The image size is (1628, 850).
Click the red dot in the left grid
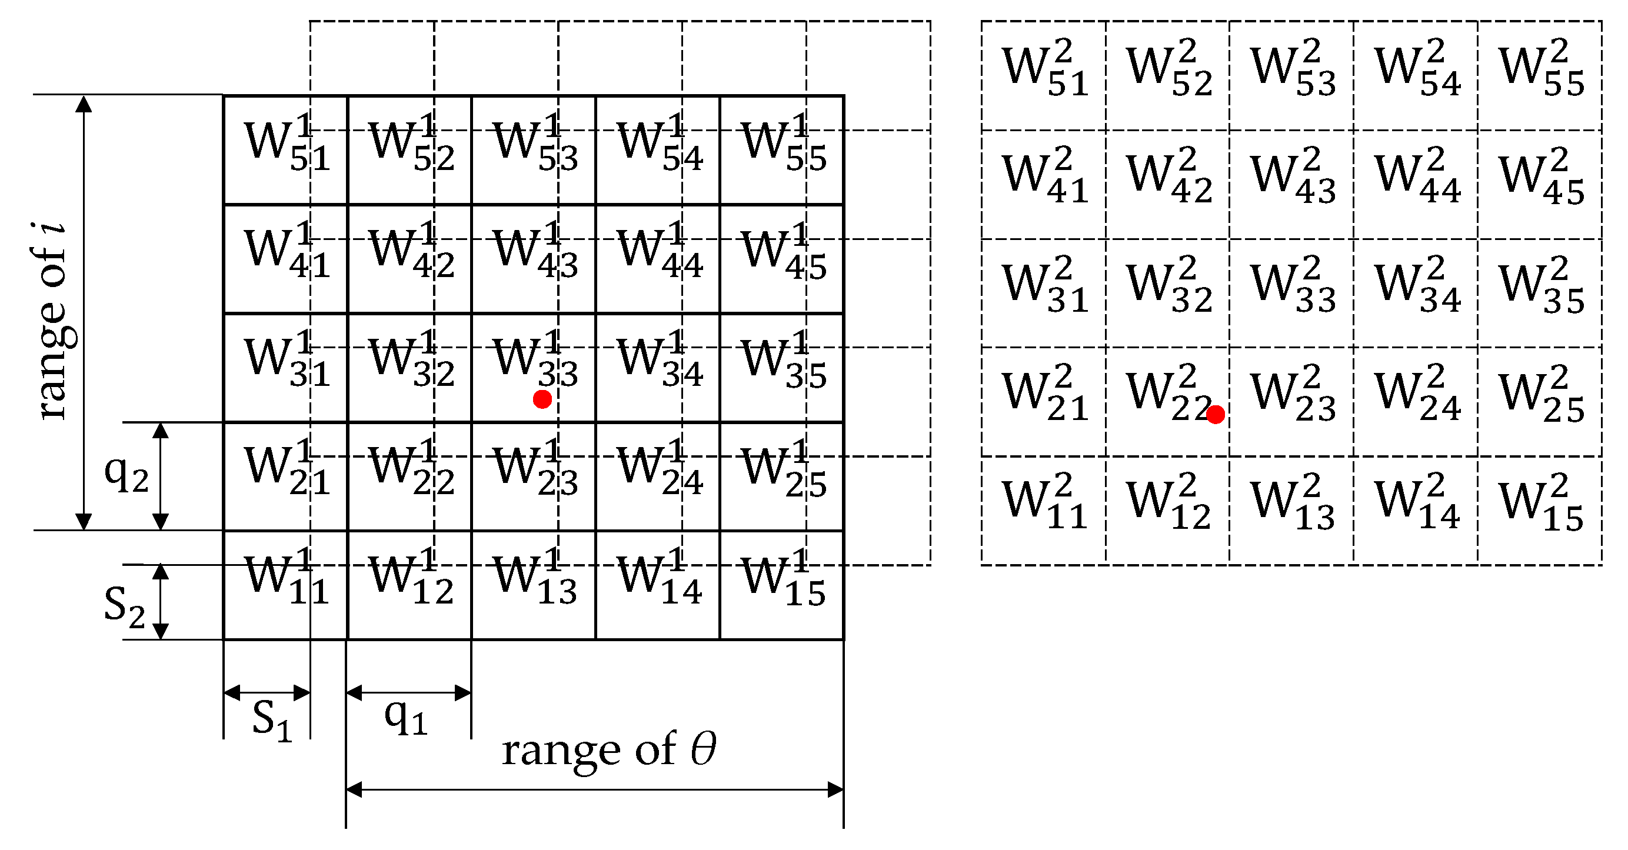pos(542,399)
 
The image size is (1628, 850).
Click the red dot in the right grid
pos(1215,414)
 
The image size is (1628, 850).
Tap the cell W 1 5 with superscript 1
pos(783,585)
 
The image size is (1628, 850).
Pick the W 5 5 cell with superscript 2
pos(1540,75)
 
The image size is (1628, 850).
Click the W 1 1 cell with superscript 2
pos(1043,509)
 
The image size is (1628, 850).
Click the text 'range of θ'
pos(608,751)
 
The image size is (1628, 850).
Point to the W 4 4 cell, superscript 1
pos(658,258)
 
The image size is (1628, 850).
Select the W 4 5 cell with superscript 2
pos(1540,184)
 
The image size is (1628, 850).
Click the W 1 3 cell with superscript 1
pos(534,585)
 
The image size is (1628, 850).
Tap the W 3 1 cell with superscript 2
pos(1043,292)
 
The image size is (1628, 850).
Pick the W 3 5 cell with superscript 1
pos(783,366)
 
